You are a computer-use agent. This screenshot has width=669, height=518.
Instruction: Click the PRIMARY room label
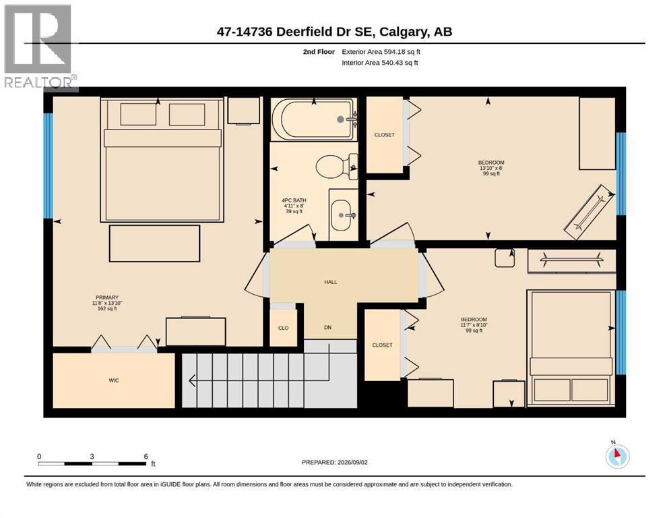tap(106, 297)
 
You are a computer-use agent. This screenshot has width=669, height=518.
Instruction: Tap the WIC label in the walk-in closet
tap(113, 380)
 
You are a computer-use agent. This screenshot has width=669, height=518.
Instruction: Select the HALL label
tap(331, 282)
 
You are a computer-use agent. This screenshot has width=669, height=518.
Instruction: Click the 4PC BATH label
tap(294, 200)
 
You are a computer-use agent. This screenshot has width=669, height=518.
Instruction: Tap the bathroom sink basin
tap(343, 214)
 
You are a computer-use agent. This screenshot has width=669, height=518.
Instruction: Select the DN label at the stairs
tap(327, 328)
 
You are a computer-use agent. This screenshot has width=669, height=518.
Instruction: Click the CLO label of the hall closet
tap(284, 328)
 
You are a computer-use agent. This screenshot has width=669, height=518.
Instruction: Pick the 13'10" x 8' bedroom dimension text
tap(491, 168)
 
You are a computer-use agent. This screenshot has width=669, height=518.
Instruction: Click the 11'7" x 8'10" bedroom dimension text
tap(474, 325)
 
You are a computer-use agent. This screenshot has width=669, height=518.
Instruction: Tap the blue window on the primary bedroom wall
tap(49, 166)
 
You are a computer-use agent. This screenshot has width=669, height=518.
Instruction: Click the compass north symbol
tap(617, 456)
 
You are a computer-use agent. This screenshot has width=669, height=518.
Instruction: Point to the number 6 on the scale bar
tap(146, 457)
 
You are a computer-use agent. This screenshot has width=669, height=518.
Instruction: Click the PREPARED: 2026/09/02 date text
tap(334, 462)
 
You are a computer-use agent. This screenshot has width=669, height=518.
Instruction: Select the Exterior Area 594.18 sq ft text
tap(381, 52)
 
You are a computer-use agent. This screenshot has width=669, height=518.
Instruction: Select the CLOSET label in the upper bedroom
tap(385, 135)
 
